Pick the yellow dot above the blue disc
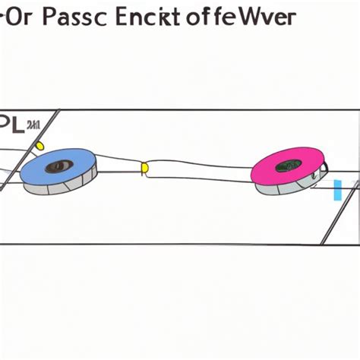click(40, 145)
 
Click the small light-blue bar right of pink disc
click(336, 190)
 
